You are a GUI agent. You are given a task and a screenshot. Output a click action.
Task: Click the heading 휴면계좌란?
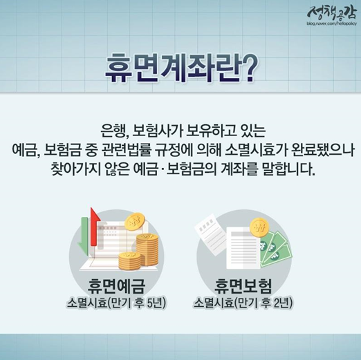click(181, 68)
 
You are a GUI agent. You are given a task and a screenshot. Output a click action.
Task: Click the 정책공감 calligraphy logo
click(331, 12)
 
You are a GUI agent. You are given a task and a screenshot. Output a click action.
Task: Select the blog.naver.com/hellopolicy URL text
click(331, 23)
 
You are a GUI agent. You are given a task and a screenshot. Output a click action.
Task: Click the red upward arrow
click(95, 227)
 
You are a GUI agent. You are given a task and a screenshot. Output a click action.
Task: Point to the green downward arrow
click(84, 236)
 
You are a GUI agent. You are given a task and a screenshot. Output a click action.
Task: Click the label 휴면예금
click(116, 286)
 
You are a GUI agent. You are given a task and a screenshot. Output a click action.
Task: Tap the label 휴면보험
click(243, 286)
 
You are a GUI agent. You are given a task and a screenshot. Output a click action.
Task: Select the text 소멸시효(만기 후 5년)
click(116, 303)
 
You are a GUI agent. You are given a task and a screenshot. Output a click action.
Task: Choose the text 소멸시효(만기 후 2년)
click(243, 303)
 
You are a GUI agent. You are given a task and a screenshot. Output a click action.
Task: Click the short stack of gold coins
click(129, 261)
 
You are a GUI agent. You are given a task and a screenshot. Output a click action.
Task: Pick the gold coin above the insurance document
click(259, 227)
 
